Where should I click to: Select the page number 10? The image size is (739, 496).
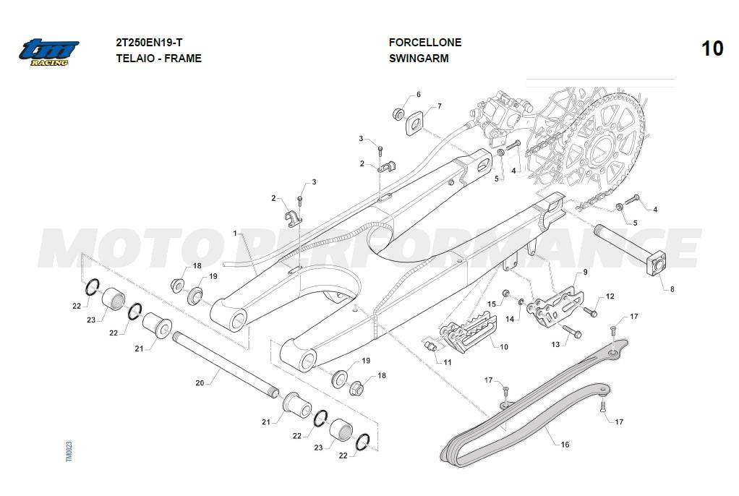coord(712,48)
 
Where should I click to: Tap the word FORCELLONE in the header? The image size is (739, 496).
coord(424,43)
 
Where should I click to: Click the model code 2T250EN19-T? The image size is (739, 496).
coord(153,43)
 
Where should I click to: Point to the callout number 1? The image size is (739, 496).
coord(236,234)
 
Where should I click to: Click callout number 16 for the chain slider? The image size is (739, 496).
coord(565,445)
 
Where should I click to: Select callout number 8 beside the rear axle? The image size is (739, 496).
coord(672,289)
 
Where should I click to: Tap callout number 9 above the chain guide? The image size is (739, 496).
coord(585,272)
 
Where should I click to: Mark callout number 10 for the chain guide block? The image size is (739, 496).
coord(503,347)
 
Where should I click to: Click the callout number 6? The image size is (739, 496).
coord(418,95)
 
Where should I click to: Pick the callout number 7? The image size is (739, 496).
coord(438,107)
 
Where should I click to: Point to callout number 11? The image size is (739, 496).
coord(448,362)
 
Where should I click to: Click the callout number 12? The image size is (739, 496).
coord(610,296)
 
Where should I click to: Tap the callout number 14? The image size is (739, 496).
coord(509,319)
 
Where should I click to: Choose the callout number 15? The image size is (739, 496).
coord(491,304)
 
